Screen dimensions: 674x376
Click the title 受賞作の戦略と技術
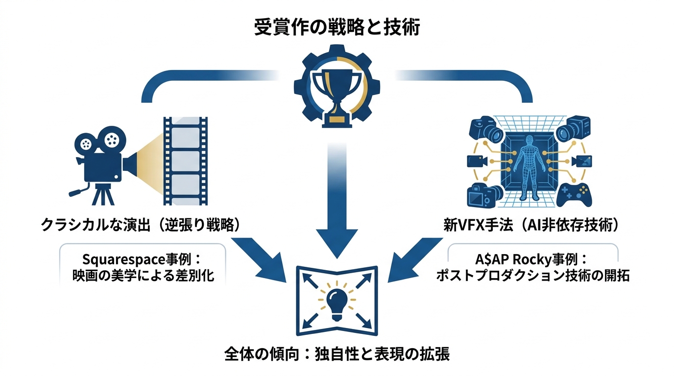point(337,27)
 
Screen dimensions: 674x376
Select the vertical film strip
point(185,161)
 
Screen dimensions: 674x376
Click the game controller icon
point(574,195)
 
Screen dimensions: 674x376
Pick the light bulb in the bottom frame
point(337,302)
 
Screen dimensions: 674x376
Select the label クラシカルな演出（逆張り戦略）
point(140,225)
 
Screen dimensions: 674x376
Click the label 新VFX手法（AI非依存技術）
point(531,225)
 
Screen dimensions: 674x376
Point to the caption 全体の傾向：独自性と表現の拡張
point(337,354)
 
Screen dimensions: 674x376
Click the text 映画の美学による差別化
point(143,276)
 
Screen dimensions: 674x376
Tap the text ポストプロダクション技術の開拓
point(533,276)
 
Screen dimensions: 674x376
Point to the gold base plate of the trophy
point(337,119)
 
